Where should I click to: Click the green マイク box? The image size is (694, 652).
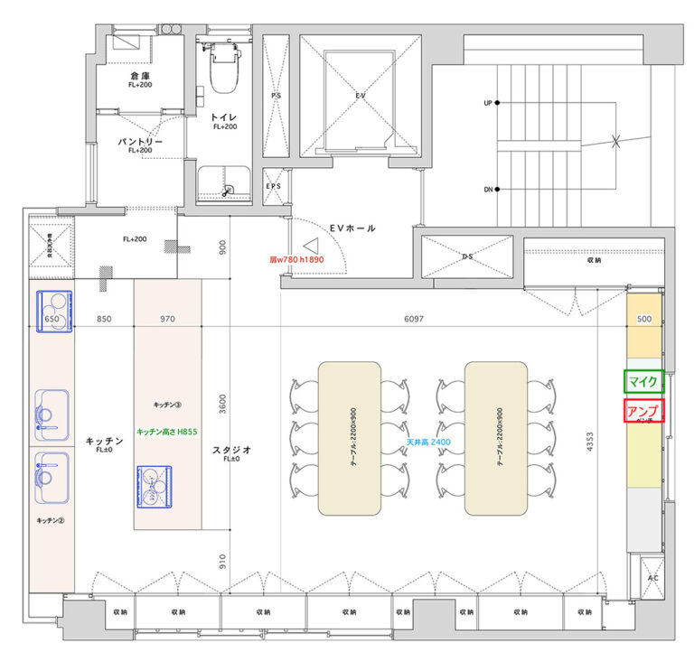(643, 382)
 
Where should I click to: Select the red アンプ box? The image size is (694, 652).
(643, 411)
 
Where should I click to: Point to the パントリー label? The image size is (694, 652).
(139, 144)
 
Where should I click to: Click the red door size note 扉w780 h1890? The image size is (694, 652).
(296, 259)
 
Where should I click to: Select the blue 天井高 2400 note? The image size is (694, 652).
(428, 442)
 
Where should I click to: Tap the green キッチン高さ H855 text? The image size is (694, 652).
(167, 433)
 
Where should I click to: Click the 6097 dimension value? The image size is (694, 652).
(414, 319)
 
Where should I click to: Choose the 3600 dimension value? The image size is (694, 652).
(224, 404)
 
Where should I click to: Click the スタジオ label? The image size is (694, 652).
(231, 449)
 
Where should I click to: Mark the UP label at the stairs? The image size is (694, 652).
(488, 104)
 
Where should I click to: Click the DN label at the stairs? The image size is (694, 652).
(488, 190)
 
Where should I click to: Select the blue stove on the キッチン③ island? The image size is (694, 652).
(154, 485)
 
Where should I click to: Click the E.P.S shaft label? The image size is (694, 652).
(274, 187)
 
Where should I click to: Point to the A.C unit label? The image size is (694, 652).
(653, 577)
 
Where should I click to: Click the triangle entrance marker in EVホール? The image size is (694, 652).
(311, 245)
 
